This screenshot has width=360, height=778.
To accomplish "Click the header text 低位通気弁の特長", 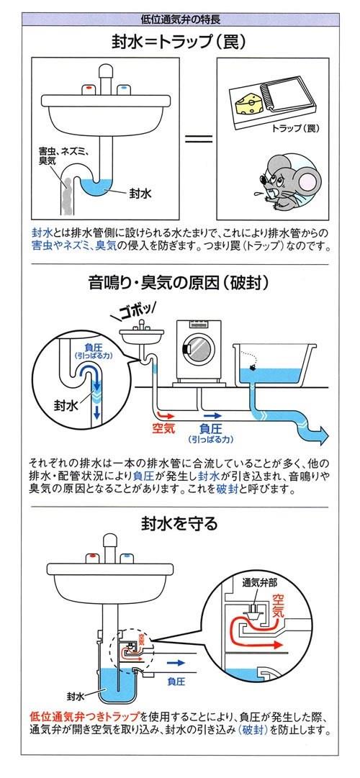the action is click(x=181, y=20).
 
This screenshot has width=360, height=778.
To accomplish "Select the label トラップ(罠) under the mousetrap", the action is click(x=295, y=128).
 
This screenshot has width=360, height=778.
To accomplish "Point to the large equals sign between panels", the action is click(x=199, y=138).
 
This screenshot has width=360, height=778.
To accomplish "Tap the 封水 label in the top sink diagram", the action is click(x=140, y=193).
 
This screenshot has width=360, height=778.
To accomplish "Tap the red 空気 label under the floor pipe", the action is click(x=163, y=428).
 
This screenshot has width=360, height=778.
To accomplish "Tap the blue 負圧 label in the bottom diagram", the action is click(x=176, y=682).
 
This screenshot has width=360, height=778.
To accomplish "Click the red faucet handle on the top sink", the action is click(x=89, y=89).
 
